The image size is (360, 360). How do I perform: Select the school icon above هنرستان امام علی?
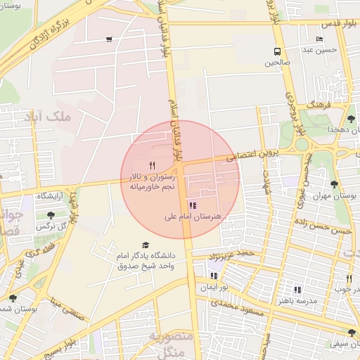point(193,206)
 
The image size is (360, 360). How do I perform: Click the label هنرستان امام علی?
point(192,218)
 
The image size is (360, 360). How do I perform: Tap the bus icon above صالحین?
point(277,51)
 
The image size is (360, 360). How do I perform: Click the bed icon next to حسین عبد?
point(319,39)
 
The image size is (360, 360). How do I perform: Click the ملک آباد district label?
point(48,117)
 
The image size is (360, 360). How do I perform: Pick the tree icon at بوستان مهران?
point(334,184)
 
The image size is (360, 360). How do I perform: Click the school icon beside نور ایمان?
point(214,276)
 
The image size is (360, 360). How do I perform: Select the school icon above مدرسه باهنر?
point(297,289)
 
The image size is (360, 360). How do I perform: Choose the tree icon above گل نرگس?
point(51,215)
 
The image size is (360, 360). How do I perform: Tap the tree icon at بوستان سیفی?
point(352,333)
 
